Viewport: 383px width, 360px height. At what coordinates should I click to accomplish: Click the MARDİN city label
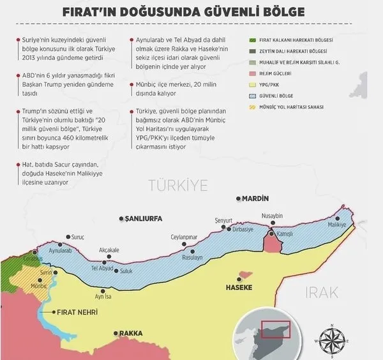[x=255, y=199]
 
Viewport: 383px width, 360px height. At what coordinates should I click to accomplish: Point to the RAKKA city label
[x=131, y=333]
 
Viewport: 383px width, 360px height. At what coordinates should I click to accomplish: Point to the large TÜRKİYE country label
[x=178, y=186]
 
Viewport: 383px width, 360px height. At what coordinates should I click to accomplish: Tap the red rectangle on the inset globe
[x=276, y=329]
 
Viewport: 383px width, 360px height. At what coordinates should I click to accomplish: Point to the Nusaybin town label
[x=272, y=216]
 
